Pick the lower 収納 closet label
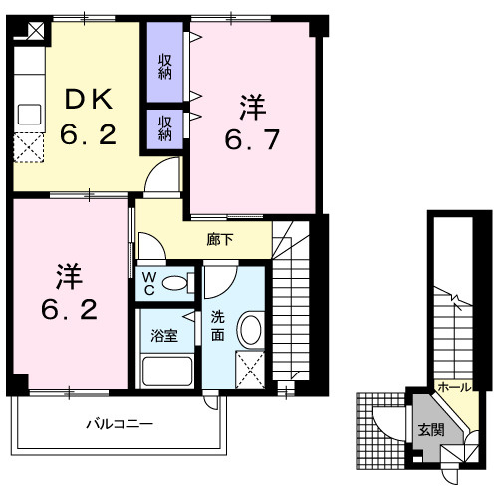tap(165, 127)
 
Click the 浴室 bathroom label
tap(165, 335)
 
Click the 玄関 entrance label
tap(431, 430)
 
